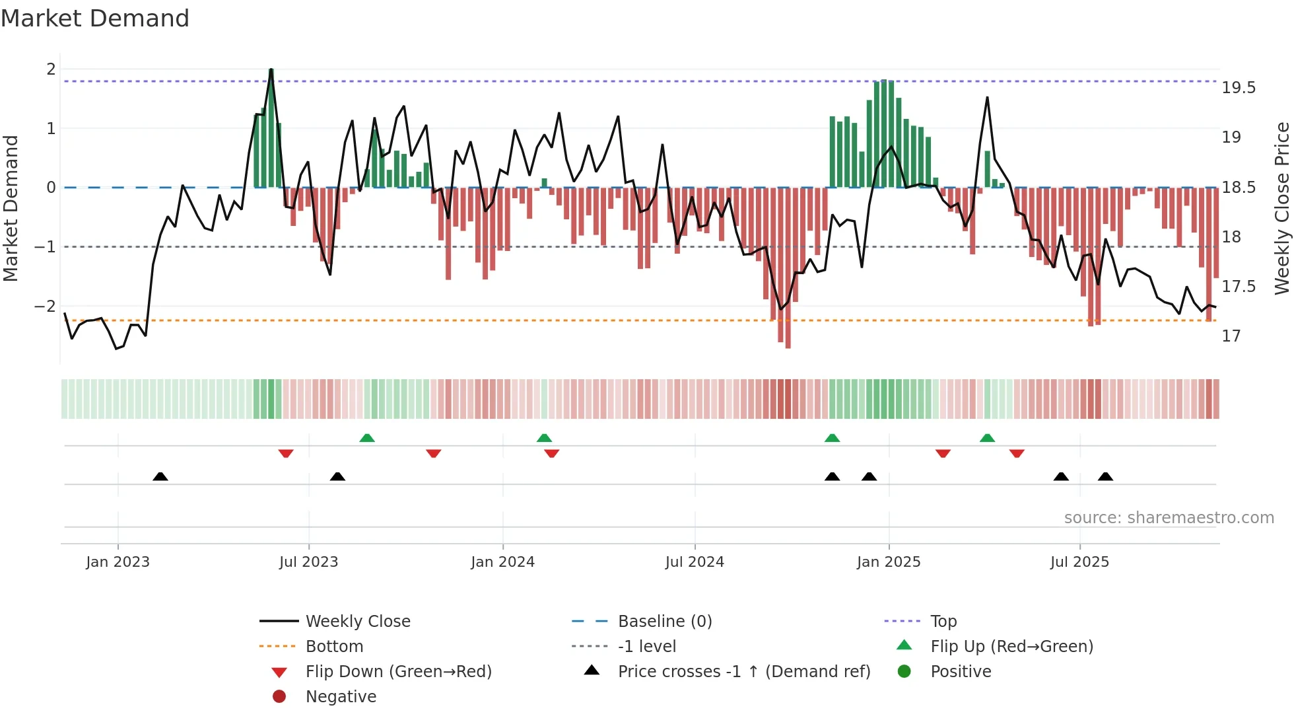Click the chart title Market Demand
tap(95, 18)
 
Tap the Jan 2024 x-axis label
tap(502, 562)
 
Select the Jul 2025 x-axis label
tap(1079, 562)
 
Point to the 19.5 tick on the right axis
tap(1238, 88)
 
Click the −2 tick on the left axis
tap(46, 307)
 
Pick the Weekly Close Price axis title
tap(1281, 208)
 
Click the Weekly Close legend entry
tap(357, 622)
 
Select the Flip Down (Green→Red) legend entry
tap(398, 672)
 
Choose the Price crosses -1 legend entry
tap(743, 672)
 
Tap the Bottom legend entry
tap(334, 647)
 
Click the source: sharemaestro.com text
tap(1169, 518)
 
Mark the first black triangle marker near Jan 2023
tap(160, 476)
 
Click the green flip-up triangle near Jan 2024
tap(544, 438)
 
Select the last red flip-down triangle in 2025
tap(1017, 453)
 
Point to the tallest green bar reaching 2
tap(271, 126)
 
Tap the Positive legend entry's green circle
tap(904, 672)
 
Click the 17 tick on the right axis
tap(1231, 336)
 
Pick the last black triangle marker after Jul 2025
tap(1105, 476)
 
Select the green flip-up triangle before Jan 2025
tap(832, 438)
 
